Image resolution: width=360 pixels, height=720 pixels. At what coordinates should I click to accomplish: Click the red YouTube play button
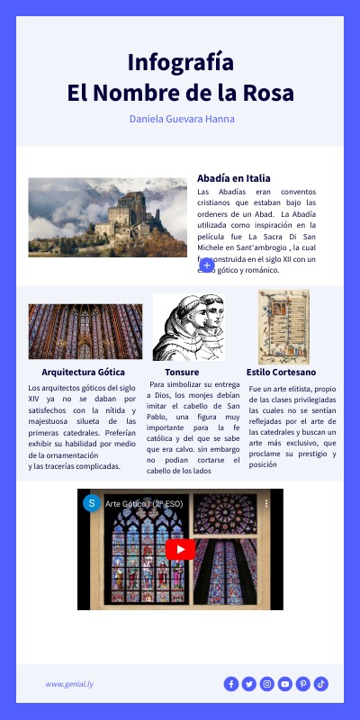(x=180, y=549)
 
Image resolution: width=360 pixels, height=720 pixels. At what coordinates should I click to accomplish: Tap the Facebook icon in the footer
(x=231, y=684)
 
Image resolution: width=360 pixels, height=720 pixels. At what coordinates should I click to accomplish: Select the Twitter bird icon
(x=249, y=684)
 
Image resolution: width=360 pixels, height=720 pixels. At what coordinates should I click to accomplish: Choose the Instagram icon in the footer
(x=267, y=684)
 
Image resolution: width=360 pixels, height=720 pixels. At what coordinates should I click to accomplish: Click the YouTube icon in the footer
(x=285, y=684)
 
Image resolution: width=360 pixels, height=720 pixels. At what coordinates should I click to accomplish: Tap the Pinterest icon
(x=303, y=684)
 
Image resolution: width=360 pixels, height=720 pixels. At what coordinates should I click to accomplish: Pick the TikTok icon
(x=321, y=684)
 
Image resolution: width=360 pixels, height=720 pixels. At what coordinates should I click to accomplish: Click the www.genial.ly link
(x=70, y=684)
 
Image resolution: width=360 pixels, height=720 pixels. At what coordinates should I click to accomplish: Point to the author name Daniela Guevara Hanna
(x=182, y=119)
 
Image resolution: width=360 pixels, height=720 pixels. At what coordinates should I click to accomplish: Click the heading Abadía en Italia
(x=234, y=178)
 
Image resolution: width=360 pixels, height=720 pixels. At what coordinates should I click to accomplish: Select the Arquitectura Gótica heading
(x=83, y=372)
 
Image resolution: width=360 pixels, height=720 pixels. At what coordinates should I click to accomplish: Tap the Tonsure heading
(x=182, y=372)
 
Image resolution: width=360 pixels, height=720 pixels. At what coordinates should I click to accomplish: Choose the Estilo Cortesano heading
(x=281, y=372)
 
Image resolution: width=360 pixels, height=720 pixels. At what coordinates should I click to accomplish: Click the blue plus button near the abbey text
(x=207, y=265)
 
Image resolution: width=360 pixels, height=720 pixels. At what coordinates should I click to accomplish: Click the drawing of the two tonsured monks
(x=187, y=327)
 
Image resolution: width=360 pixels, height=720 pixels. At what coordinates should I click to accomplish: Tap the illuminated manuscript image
(x=283, y=326)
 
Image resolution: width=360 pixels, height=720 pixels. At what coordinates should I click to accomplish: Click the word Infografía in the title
(x=181, y=62)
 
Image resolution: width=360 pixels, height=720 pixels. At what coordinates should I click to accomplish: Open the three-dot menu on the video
(x=267, y=504)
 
